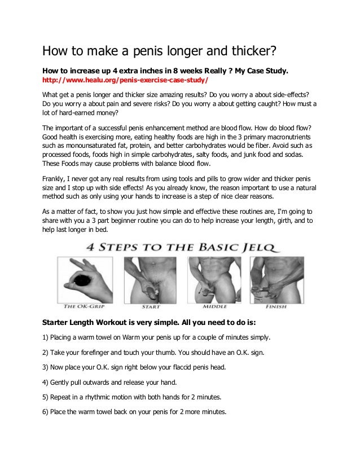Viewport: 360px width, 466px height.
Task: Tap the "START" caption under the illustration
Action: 151,306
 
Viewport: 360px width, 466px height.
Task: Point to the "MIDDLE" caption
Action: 214,306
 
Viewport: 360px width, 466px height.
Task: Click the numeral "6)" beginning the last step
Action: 46,411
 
